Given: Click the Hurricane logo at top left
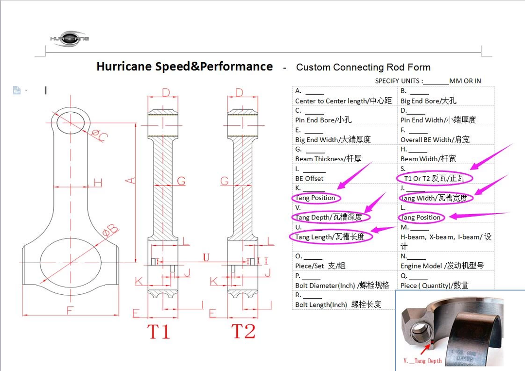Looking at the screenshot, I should click(70, 38).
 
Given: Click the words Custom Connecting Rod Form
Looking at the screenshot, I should click(363, 67).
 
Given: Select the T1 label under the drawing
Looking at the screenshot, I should click(159, 331).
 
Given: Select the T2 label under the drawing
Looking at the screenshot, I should click(243, 331).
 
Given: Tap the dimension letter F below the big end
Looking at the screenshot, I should click(70, 309).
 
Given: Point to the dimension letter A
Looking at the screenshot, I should click(130, 180).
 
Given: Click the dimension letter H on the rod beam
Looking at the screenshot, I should click(98, 183).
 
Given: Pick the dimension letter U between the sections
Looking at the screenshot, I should click(206, 257).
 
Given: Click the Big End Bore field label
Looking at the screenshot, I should click(428, 101).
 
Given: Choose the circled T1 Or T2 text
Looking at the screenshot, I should click(434, 178).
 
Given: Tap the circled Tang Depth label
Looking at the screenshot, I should click(329, 217).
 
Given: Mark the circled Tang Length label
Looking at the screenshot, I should click(330, 237).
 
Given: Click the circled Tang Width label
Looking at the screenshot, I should click(434, 198).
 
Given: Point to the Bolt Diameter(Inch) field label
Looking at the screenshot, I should click(342, 285).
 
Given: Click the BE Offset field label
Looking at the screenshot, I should click(309, 178).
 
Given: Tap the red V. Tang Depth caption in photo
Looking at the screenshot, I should click(422, 361).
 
